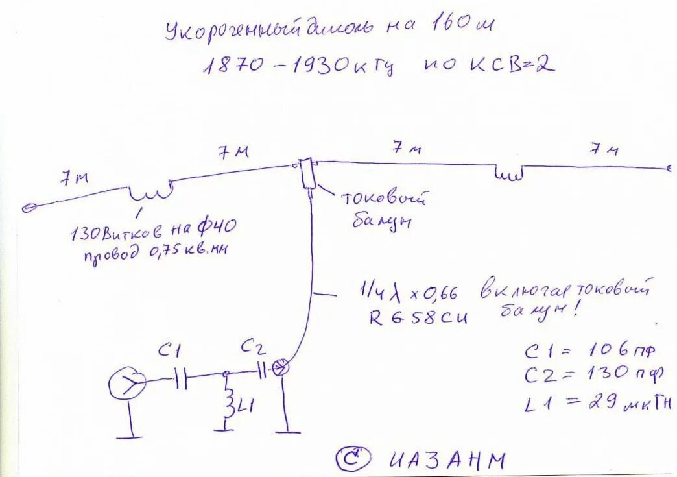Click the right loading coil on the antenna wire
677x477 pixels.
coord(509,173)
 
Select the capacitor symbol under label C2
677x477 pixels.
coord(261,371)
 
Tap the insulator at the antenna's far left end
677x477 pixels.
coord(28,208)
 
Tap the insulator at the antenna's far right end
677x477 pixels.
coord(669,168)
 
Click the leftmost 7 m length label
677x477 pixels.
coord(74,179)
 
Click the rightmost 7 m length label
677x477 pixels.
coord(603,149)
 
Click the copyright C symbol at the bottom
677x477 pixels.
coord(353,458)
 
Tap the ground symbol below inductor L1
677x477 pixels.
coord(224,428)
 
